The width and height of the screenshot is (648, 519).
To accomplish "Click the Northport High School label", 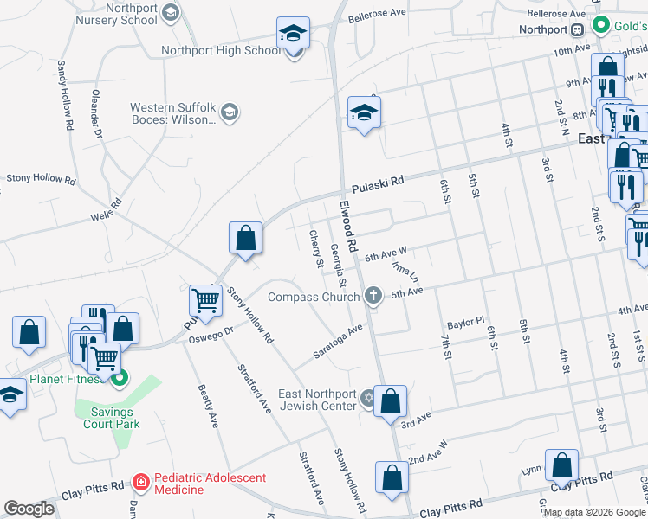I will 221,50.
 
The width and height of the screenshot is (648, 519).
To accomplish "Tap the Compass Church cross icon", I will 373,297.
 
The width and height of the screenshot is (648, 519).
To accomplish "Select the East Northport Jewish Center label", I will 318,400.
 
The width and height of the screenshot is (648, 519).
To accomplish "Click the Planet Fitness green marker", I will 120,377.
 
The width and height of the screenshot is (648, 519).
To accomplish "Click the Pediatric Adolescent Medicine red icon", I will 141,480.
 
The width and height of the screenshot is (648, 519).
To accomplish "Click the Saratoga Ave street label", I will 337,344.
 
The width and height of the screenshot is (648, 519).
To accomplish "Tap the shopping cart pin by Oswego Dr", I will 206,301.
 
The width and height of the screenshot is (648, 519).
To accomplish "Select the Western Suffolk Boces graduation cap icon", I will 230,112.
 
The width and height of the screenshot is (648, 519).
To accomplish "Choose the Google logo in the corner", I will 29,509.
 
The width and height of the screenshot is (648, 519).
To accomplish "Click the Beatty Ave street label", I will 208,407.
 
